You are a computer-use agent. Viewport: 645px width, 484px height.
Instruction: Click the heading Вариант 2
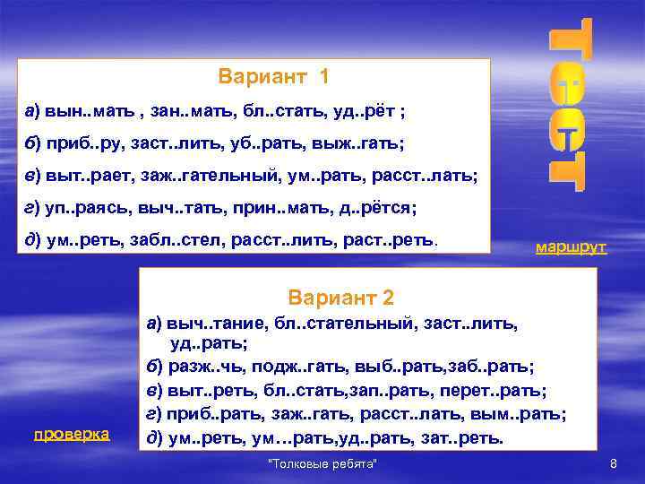(x=341, y=298)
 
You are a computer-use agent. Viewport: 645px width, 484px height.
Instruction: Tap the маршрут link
(x=572, y=246)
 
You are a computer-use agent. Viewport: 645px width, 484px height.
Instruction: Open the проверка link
(x=72, y=434)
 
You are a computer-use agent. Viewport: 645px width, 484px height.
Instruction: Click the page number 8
(x=614, y=463)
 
